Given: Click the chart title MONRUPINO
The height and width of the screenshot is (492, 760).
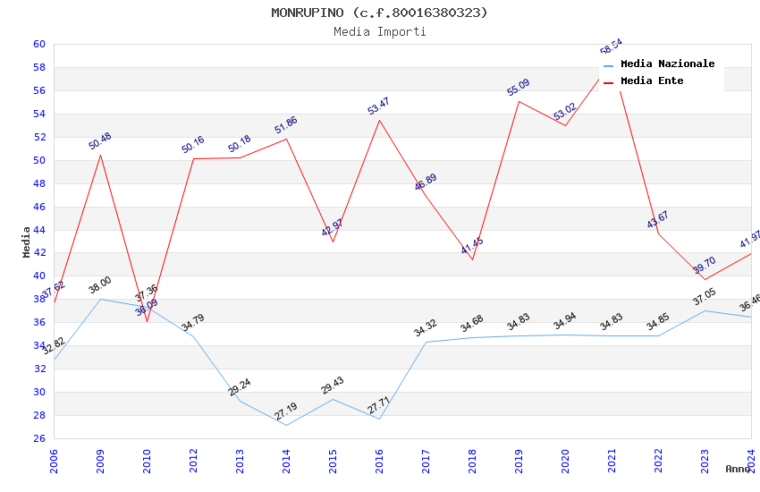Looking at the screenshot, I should tap(379, 13).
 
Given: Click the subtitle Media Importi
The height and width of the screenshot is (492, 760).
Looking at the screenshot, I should tap(379, 31).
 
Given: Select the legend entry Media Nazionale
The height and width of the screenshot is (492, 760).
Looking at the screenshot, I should tap(667, 64).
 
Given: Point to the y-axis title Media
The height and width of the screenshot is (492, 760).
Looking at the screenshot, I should tap(26, 242).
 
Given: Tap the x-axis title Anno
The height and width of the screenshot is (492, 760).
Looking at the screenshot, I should tap(738, 469).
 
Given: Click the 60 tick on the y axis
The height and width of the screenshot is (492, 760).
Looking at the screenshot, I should tap(39, 44).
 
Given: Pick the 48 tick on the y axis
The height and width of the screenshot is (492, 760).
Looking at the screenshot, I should tap(39, 183).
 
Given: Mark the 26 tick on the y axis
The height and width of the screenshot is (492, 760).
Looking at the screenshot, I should tap(39, 438).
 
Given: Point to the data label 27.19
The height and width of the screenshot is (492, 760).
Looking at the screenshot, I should tap(286, 411).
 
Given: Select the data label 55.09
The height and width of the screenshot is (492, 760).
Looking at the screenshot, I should tap(519, 88).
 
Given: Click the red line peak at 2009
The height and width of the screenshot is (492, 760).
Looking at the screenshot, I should tap(100, 155).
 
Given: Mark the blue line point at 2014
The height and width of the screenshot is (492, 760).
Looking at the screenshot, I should tap(286, 425).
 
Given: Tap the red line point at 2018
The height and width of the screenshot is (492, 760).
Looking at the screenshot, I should tap(472, 259).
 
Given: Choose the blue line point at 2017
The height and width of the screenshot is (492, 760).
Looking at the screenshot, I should tap(426, 342).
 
